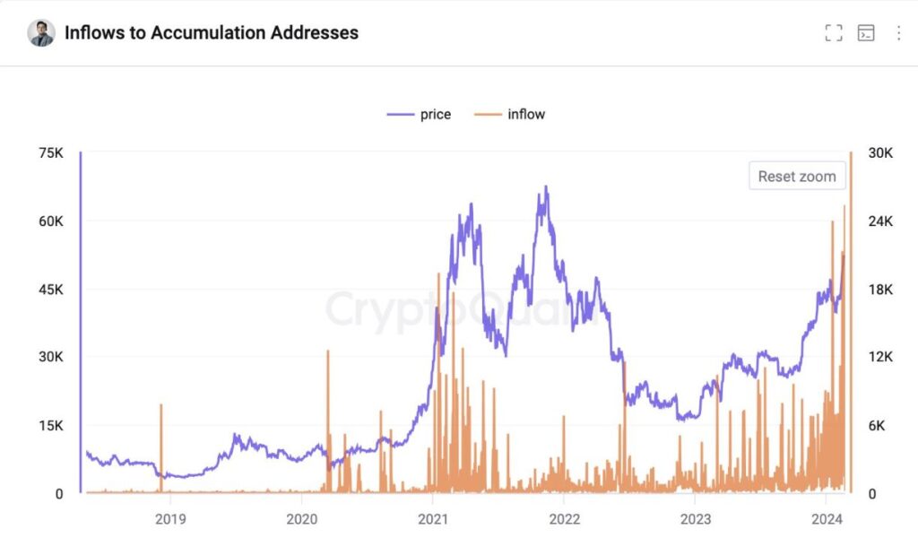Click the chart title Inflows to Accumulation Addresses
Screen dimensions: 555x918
click(212, 33)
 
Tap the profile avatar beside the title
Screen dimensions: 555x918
click(41, 33)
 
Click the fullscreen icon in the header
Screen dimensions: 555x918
click(834, 33)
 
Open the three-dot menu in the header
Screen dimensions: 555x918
click(898, 33)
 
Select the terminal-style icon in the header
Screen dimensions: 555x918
click(866, 33)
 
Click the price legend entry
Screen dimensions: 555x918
click(420, 114)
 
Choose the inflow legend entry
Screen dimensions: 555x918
click(511, 114)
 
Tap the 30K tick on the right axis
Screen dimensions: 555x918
click(880, 153)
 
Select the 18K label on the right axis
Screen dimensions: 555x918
click(880, 290)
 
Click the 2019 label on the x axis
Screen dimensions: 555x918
click(169, 519)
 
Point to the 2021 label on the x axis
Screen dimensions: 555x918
click(433, 519)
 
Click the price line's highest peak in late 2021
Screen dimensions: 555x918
click(545, 187)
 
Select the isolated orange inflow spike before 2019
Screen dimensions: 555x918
click(161, 405)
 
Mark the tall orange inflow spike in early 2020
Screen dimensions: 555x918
click(328, 351)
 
